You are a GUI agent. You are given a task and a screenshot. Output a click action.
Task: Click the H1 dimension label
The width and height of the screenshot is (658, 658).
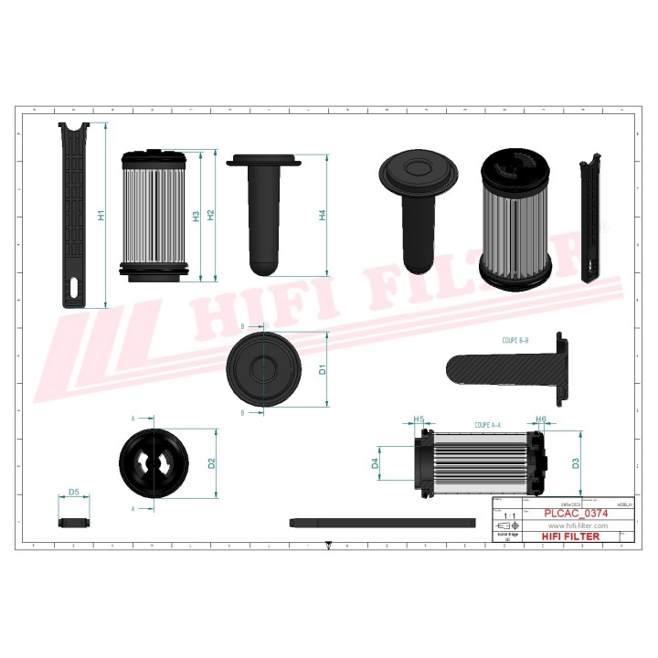point(101,217)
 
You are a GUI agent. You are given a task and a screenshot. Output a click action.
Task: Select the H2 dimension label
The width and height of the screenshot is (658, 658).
point(211,217)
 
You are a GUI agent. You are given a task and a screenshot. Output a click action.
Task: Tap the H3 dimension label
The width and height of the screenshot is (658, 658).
point(196,217)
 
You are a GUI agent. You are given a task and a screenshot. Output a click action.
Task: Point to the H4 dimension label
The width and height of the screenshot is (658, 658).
point(322,216)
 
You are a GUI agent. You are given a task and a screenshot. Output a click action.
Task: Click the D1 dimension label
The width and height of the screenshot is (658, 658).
point(323,370)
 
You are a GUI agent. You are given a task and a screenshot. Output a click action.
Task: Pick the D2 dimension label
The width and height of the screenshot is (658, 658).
point(212,463)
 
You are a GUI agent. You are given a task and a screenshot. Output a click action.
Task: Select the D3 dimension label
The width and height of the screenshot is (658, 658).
point(576,463)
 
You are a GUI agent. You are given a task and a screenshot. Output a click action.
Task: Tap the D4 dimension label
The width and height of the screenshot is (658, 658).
point(375,465)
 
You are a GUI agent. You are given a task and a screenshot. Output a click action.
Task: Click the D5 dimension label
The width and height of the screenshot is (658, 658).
point(73,493)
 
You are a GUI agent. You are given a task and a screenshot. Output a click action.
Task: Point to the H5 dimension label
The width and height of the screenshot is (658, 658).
point(419,420)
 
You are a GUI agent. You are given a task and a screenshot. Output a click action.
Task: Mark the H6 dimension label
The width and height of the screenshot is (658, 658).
point(541,420)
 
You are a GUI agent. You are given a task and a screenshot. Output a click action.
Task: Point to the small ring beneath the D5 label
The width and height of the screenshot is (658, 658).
point(73,523)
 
